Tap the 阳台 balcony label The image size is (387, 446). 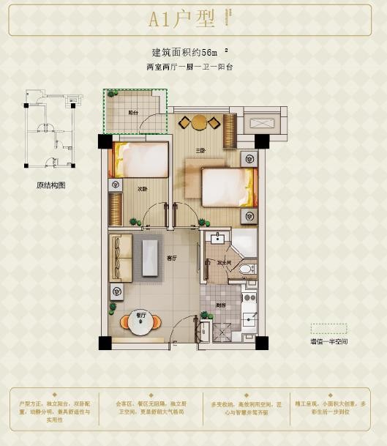133,113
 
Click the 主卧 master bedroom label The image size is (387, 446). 199,152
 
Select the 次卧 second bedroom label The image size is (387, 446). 142,188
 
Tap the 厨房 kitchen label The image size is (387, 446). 220,305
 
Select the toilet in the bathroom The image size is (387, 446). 247,270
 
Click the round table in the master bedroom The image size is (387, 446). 199,122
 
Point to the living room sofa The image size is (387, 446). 121,258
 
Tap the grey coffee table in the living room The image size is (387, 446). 150,258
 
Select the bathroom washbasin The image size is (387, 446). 217,238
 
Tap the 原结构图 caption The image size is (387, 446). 51,185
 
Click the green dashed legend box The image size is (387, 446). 328,329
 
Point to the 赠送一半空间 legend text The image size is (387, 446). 328,342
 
